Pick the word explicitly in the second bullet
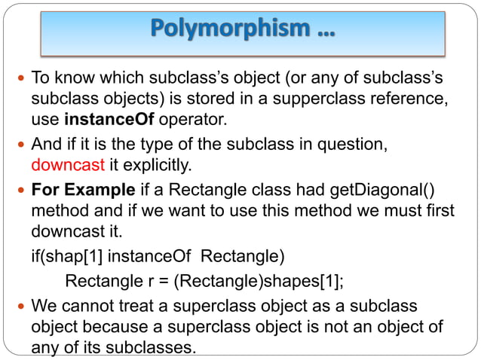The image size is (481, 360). pos(150,164)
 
